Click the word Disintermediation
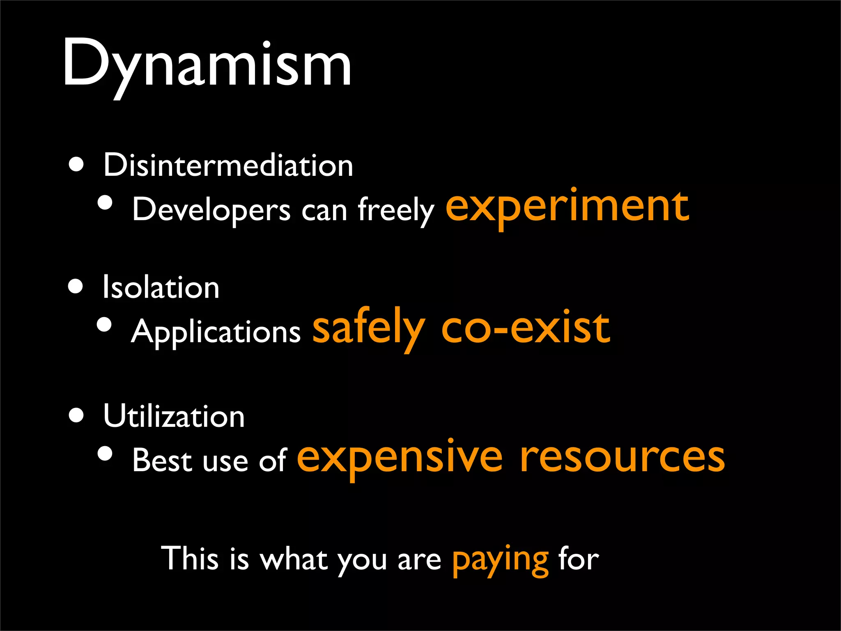click(x=228, y=165)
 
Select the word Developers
click(x=211, y=210)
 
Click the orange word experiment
click(x=567, y=207)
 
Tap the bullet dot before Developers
click(x=106, y=202)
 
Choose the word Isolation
click(x=161, y=287)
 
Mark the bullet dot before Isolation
click(x=76, y=286)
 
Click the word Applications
click(x=216, y=332)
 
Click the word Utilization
click(x=174, y=416)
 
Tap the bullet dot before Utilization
click(x=76, y=415)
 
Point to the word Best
click(x=162, y=461)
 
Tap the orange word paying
click(x=500, y=560)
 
